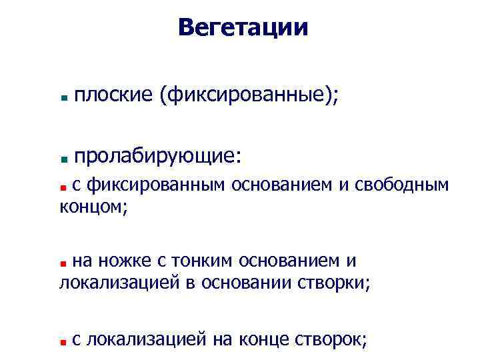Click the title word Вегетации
(243, 28)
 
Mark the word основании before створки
(246, 283)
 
